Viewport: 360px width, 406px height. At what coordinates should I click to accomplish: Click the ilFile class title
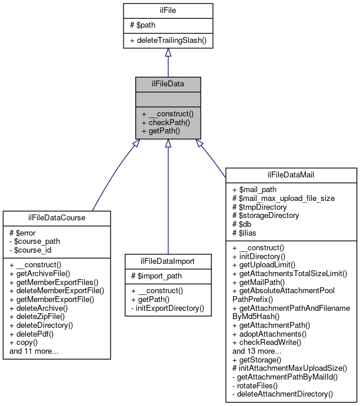coord(168,9)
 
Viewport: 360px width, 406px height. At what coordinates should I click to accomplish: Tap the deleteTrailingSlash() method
coord(168,41)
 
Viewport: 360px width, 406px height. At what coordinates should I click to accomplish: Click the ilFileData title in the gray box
coord(168,84)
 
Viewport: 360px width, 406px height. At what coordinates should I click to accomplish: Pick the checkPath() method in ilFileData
coord(166,122)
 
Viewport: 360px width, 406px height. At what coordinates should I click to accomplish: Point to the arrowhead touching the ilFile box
coord(168,53)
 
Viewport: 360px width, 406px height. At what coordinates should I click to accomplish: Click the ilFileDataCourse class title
coord(56,217)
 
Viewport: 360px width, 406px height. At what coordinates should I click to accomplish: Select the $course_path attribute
coord(35,241)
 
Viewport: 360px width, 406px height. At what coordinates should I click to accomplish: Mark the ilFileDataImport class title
coord(168,260)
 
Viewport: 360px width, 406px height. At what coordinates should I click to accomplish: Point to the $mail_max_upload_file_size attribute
coord(284,198)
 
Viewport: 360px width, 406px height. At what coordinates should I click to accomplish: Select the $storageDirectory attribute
coord(266,215)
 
